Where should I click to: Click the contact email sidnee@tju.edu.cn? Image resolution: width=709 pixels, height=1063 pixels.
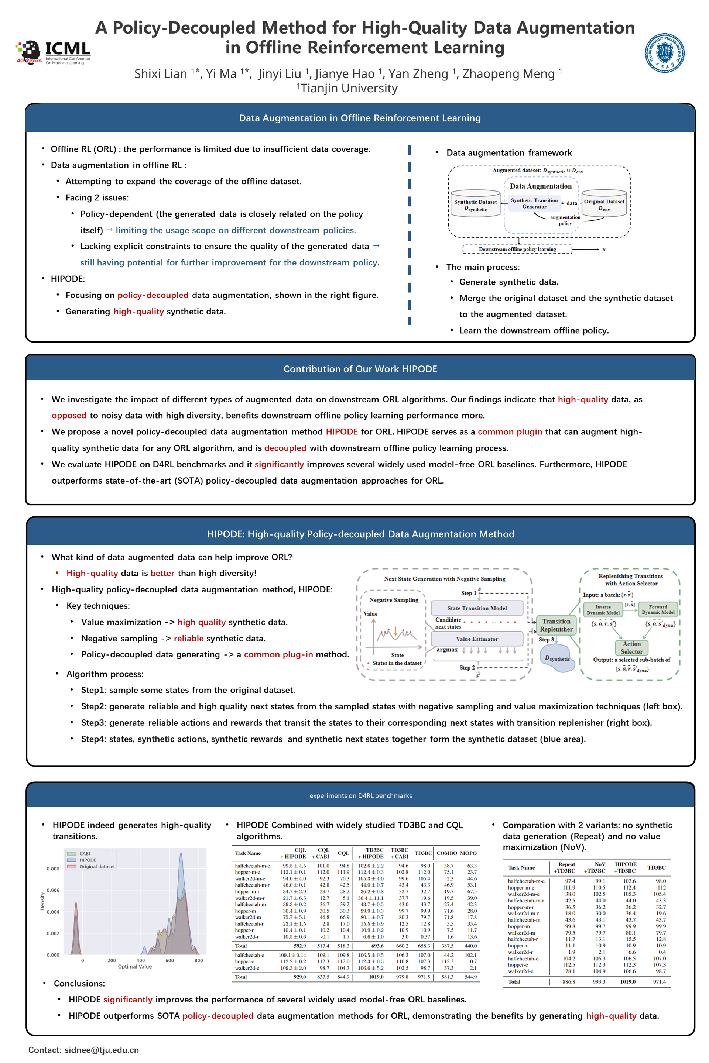coord(101,1050)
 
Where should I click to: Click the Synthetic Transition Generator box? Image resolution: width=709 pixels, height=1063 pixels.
coord(534,203)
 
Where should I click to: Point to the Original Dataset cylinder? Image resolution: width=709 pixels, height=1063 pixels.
coord(604,204)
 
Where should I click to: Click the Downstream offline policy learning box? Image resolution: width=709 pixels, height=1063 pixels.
coord(517,249)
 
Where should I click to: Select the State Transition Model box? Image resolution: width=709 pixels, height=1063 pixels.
coord(477,608)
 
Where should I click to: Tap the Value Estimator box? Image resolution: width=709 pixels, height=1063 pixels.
coord(477,639)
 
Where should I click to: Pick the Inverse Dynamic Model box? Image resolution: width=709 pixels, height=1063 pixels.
coord(603,610)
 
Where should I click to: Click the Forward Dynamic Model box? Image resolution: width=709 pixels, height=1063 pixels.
coord(658,610)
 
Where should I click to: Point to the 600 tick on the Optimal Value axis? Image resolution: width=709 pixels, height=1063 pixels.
coord(169,960)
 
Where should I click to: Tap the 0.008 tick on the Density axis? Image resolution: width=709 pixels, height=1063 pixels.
coord(53,868)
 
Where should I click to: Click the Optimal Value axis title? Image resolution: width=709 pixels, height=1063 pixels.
coord(135,966)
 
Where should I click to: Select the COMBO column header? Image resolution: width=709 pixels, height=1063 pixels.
coord(446,853)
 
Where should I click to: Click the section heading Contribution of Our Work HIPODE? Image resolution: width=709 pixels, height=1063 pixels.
coord(360,369)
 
